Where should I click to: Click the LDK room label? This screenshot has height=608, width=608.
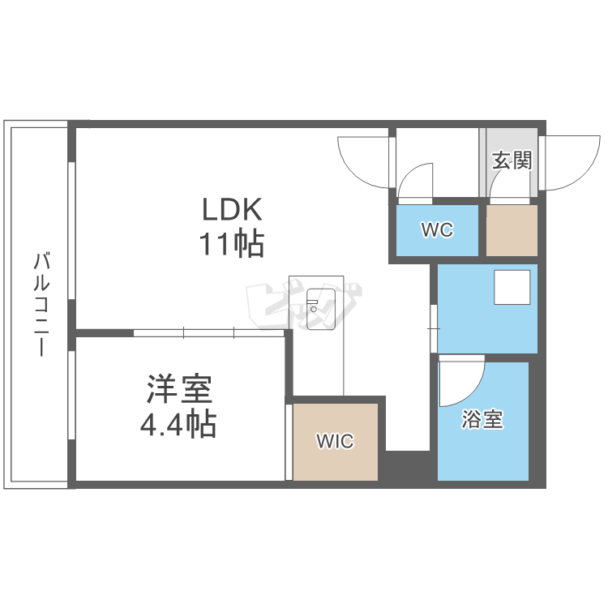233,209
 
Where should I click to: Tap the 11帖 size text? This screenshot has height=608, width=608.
232,244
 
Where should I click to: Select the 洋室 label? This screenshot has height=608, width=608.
179,389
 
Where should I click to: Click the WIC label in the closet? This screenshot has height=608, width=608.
335,441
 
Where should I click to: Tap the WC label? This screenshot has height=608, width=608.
437,230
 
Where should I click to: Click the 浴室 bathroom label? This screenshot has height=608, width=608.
482,419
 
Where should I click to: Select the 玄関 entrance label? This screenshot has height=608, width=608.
512,161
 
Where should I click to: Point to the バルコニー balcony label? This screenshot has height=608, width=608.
41,304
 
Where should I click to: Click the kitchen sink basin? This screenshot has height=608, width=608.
321,309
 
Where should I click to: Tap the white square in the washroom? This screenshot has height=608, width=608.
512,287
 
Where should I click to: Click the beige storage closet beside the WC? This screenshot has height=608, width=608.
512,230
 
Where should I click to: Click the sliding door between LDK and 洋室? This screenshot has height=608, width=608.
209,333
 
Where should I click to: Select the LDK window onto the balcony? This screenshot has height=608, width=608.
71,230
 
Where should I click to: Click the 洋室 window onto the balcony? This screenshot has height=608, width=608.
71,395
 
